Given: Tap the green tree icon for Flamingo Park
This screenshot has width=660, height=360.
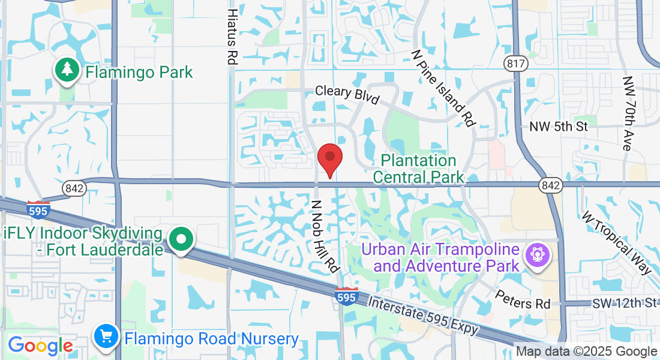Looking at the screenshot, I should [68, 71].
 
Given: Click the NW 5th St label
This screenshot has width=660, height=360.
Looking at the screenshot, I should [559, 127].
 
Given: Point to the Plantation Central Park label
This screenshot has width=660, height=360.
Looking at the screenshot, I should [419, 169].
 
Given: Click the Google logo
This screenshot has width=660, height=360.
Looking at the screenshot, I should [40, 346].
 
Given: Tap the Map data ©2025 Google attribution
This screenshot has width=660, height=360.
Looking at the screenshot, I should [587, 352].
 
